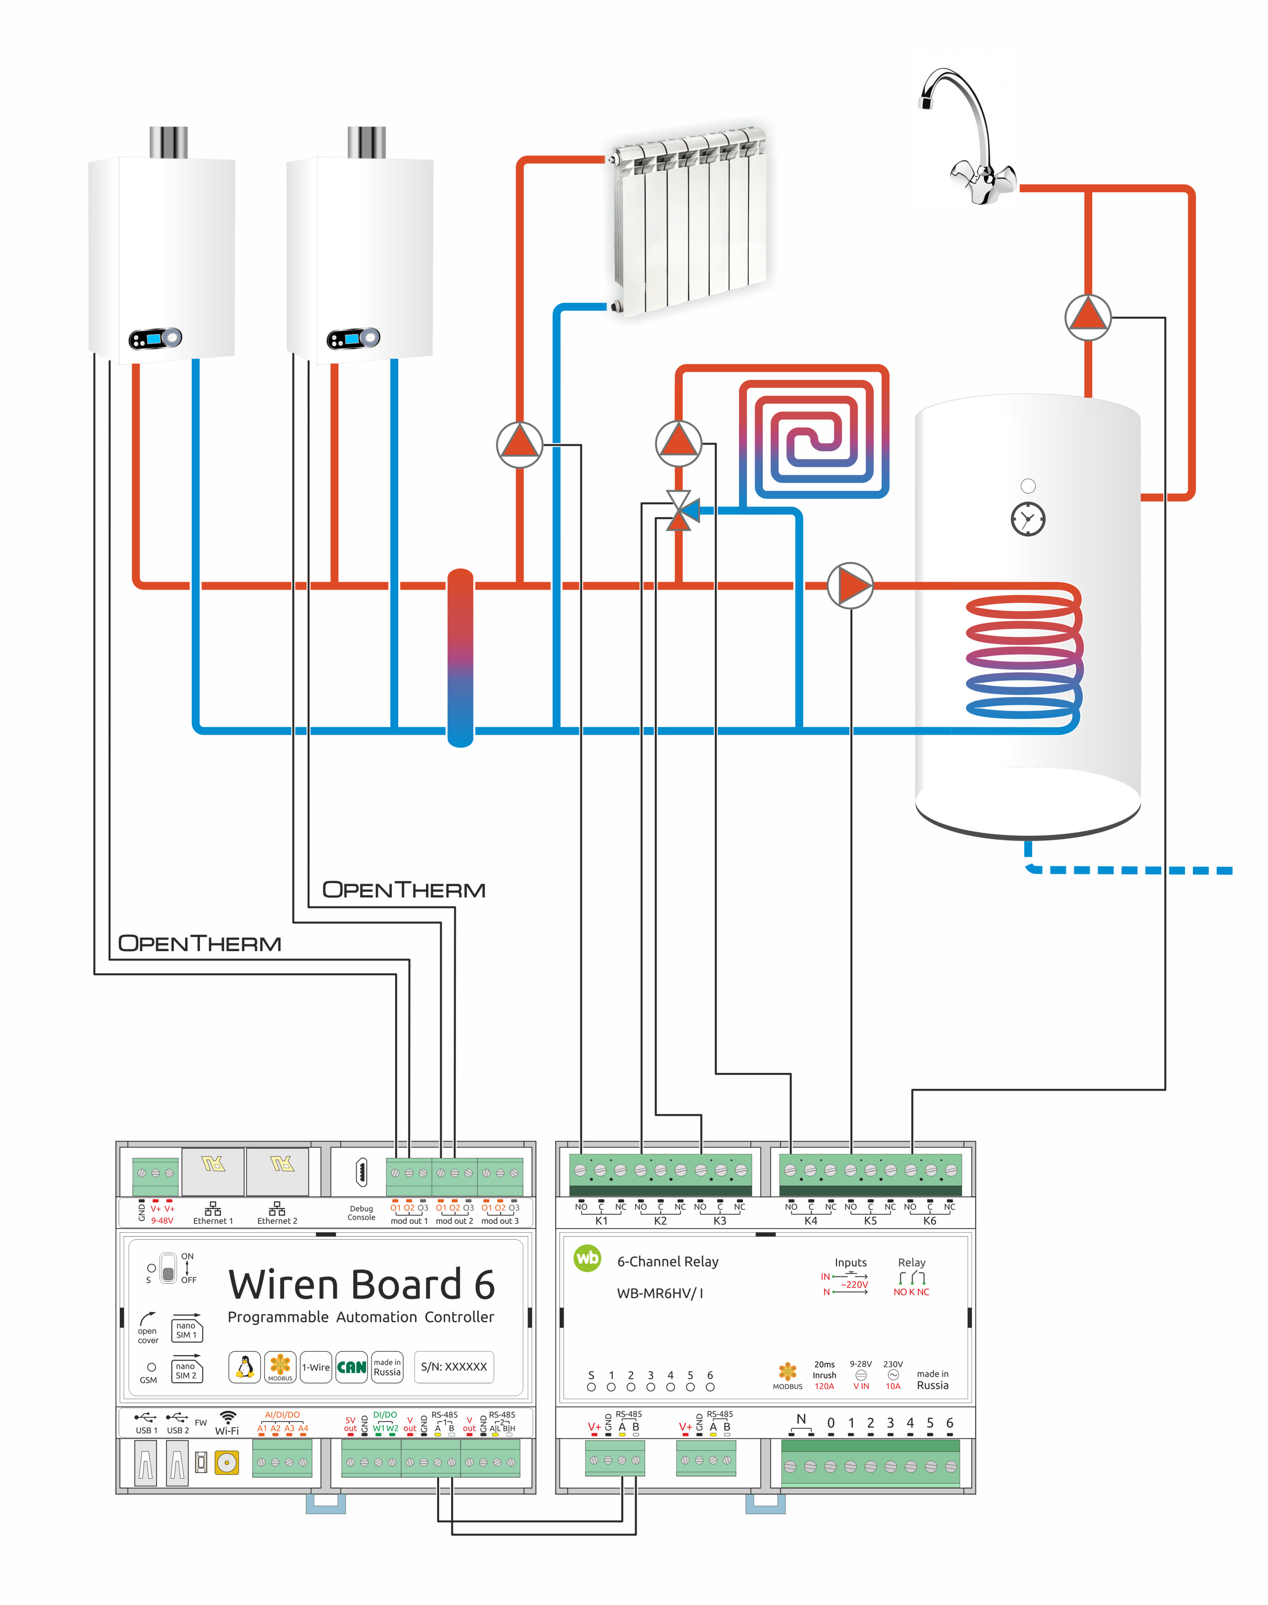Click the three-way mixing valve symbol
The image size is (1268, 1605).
tap(679, 511)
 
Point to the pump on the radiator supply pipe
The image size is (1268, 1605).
tap(520, 444)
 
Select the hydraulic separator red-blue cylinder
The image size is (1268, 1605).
tap(460, 657)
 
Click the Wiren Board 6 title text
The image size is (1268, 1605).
tap(361, 1284)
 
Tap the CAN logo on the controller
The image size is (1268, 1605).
tap(351, 1367)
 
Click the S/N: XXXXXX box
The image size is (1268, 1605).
tap(454, 1367)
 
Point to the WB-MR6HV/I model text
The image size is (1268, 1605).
tap(660, 1293)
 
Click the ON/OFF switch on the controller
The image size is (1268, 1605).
tap(169, 1268)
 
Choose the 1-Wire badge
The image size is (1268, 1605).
tap(315, 1367)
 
